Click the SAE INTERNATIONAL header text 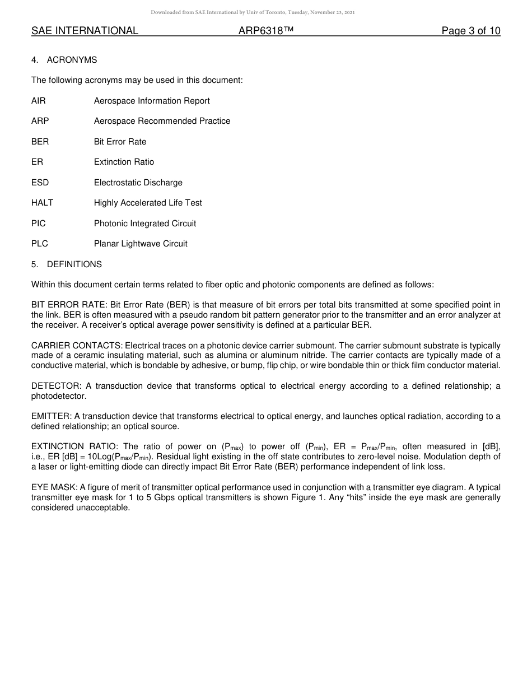point(85,31)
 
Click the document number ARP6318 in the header point(266,31)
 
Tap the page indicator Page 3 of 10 point(470,31)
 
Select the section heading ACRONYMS point(72,60)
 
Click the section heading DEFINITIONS point(74,264)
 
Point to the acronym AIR point(39,101)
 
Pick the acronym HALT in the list point(43,203)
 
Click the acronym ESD point(40,183)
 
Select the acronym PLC point(40,244)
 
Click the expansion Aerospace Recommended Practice point(162,121)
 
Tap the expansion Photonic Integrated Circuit point(145,224)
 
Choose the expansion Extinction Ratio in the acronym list point(124,162)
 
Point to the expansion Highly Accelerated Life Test point(148,203)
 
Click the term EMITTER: point(52,416)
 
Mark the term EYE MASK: point(54,487)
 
